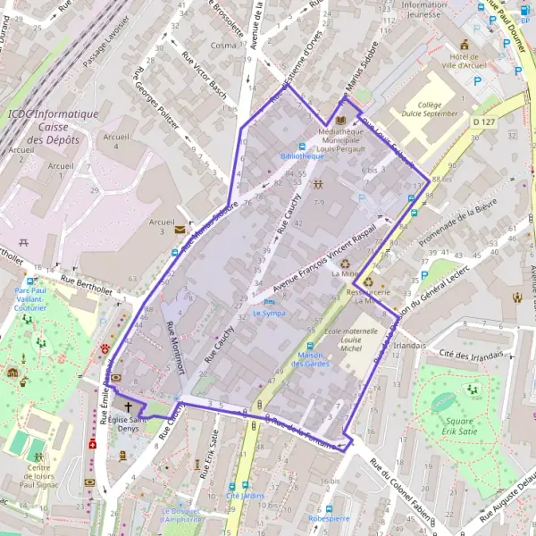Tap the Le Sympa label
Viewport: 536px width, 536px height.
[268, 314]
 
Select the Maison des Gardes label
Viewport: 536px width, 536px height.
[309, 359]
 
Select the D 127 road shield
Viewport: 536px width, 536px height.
[483, 121]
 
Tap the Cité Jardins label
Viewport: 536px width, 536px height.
[245, 495]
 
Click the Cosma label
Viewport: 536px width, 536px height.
[222, 45]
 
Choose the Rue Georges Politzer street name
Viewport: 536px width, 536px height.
[156, 96]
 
